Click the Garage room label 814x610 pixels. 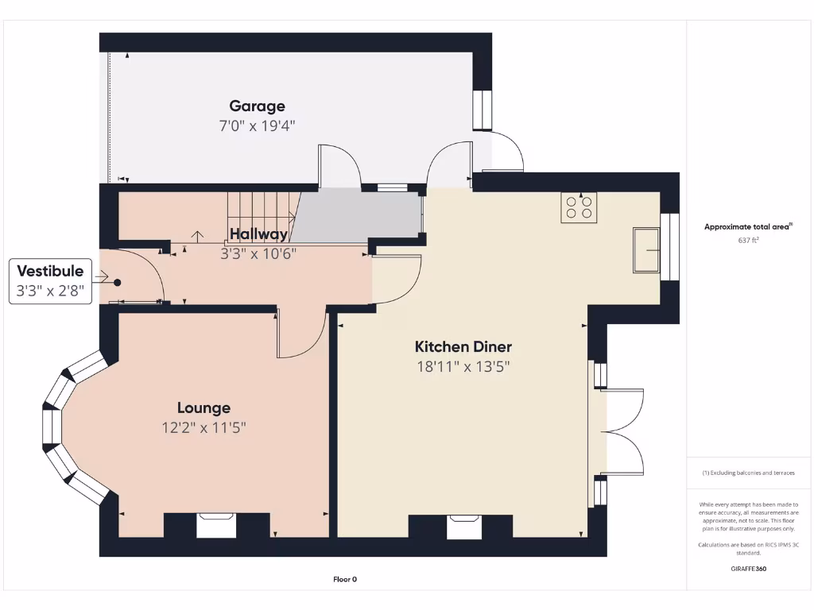click(257, 106)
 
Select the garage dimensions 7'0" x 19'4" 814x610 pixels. click(257, 125)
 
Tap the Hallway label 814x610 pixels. click(258, 234)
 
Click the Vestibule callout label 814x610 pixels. click(50, 272)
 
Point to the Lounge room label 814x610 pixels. click(203, 407)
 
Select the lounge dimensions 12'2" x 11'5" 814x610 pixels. click(203, 427)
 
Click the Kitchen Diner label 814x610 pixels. click(463, 346)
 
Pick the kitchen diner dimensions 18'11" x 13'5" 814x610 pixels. click(463, 366)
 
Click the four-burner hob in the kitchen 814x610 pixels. click(579, 207)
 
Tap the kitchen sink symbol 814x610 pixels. click(646, 249)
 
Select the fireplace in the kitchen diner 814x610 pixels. click(464, 526)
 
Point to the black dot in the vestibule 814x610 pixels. click(118, 282)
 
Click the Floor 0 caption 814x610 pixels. click(345, 579)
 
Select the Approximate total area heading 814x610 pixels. click(747, 226)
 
